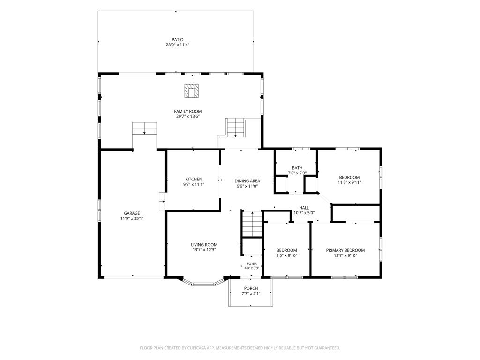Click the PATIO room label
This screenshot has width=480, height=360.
click(178, 40)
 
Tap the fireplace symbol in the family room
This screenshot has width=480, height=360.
click(191, 91)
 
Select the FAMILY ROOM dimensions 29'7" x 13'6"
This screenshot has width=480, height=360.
click(188, 116)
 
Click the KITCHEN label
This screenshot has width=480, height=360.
click(194, 179)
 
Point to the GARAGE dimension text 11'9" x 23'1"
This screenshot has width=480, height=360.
click(132, 218)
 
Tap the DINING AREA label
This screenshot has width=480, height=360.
click(247, 181)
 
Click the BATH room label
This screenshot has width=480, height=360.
click(297, 168)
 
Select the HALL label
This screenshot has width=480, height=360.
click(304, 208)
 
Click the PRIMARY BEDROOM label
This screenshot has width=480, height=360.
click(345, 250)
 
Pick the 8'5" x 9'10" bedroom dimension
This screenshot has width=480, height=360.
click(287, 255)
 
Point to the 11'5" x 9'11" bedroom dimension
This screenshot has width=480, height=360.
click(349, 182)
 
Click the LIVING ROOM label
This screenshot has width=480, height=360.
click(204, 245)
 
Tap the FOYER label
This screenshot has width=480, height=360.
click(252, 264)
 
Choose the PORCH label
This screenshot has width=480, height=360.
click(251, 288)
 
